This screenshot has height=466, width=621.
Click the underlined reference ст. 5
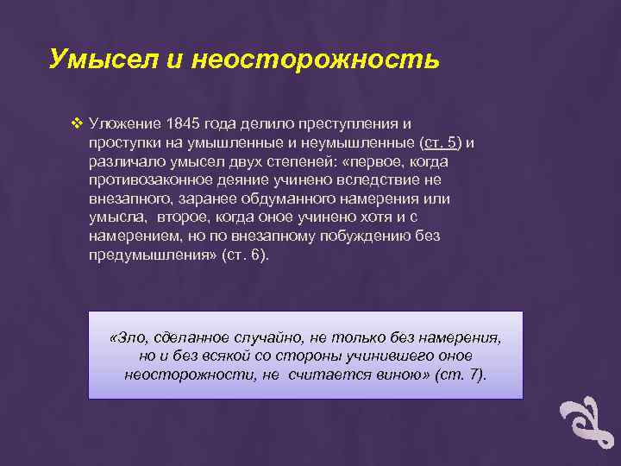(x=441, y=142)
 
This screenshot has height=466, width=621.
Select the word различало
(x=123, y=161)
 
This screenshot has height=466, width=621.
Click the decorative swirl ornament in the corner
(x=586, y=426)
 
